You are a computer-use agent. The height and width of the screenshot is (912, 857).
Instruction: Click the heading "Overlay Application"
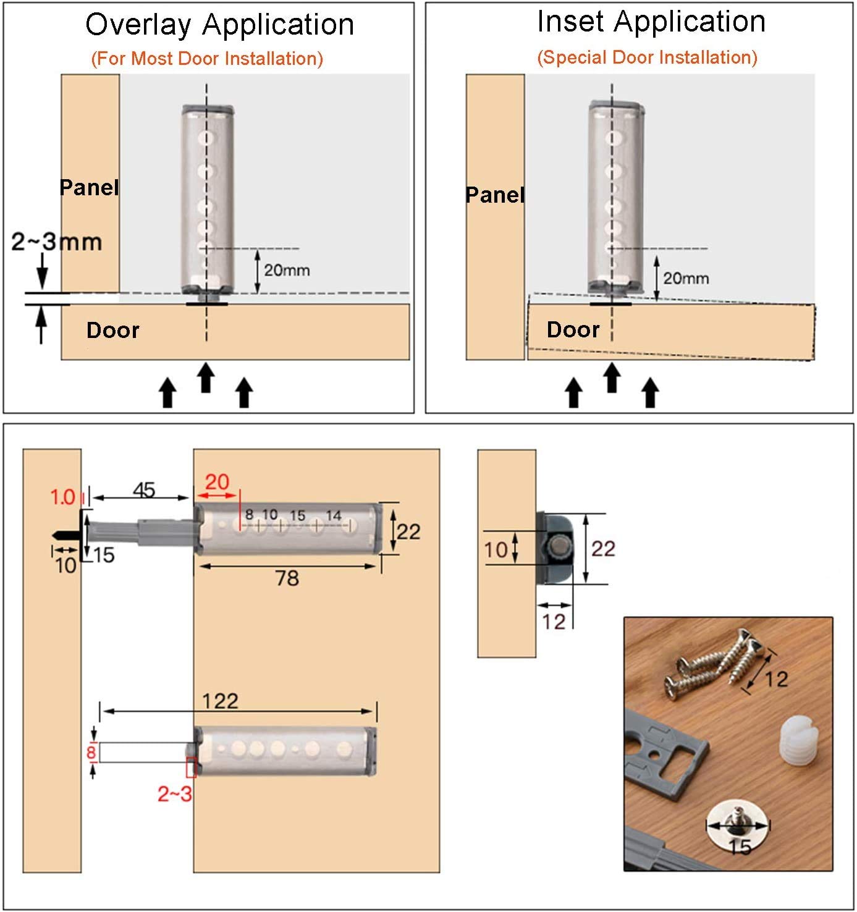219,25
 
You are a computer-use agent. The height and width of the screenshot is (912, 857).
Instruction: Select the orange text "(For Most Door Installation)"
207,59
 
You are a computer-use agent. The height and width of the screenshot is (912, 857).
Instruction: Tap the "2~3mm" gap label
56,242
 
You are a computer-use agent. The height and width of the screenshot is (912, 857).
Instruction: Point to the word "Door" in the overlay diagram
113,330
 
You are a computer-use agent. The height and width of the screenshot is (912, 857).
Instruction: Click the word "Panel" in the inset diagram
495,195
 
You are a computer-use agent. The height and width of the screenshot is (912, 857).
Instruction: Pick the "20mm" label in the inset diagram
686,278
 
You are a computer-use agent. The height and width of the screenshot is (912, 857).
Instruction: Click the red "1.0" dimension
62,497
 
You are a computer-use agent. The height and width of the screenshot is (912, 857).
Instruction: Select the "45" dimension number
144,491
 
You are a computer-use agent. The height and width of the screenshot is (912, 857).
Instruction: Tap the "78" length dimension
287,578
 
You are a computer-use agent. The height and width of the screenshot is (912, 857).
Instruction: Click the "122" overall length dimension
221,702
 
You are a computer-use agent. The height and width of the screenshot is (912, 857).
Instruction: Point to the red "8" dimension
91,753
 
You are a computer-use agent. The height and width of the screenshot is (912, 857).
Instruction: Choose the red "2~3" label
174,794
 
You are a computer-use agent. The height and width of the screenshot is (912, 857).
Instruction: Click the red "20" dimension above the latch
217,482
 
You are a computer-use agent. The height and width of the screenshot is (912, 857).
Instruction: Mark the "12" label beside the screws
776,679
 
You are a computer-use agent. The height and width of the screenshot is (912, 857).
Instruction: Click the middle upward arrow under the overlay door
206,378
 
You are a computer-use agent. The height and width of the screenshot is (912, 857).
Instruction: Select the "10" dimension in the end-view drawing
496,550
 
